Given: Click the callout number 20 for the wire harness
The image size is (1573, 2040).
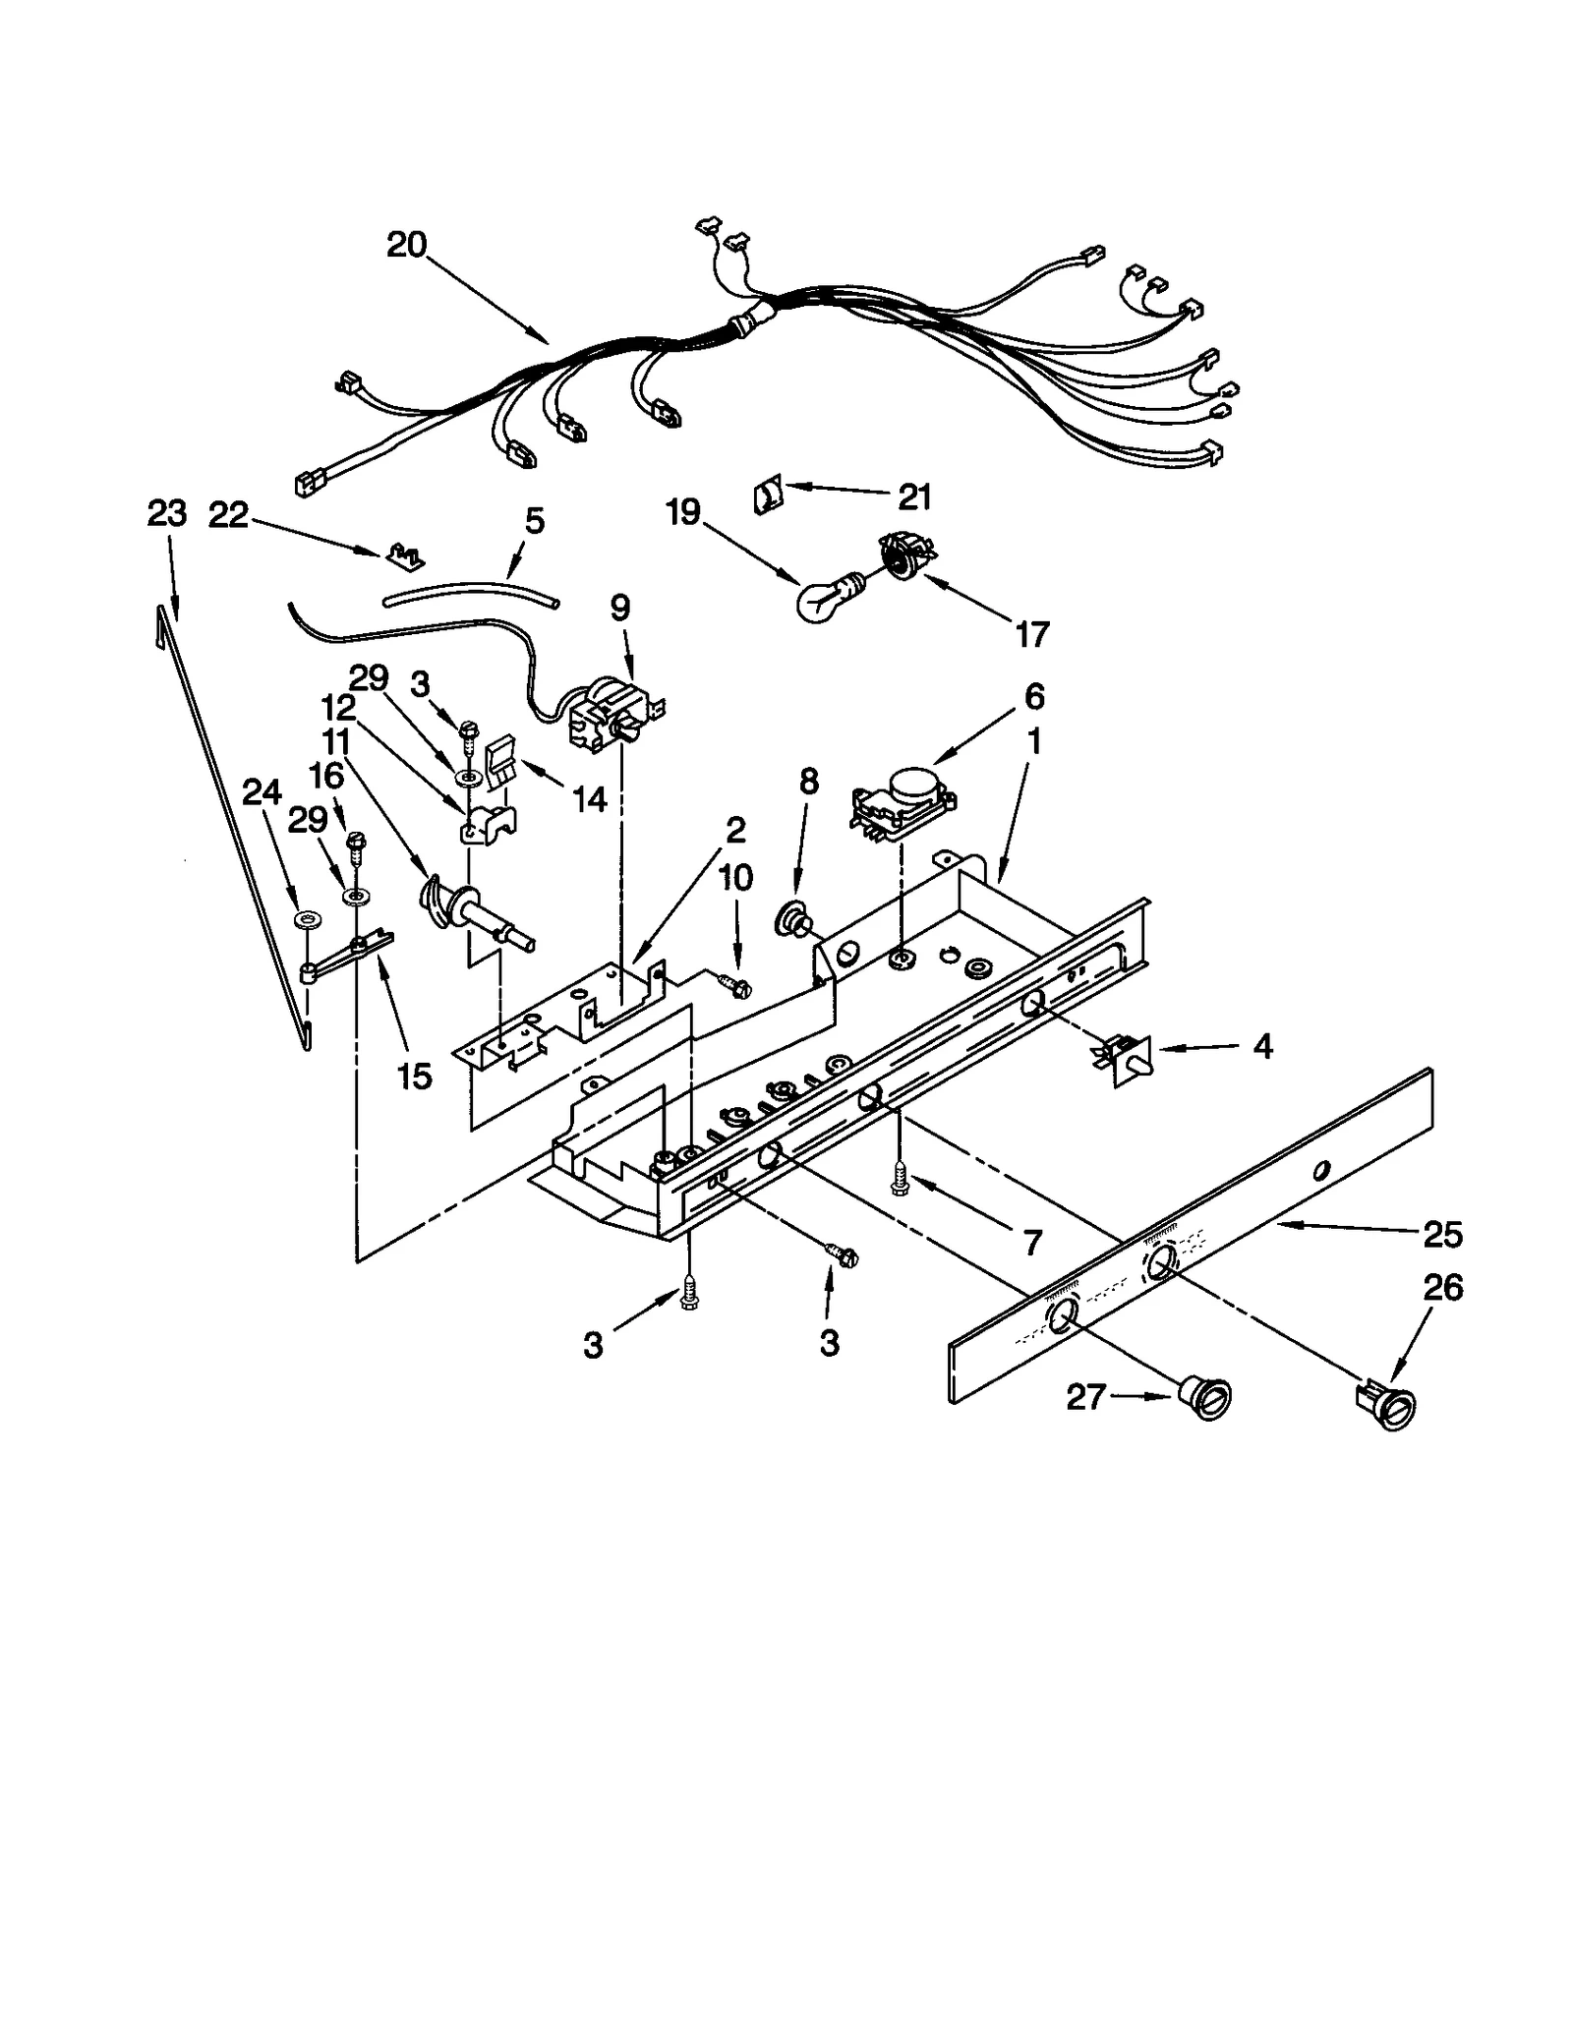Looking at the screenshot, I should point(406,244).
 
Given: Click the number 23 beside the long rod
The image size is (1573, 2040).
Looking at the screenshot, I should point(166,513).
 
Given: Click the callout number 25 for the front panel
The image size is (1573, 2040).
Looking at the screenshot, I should point(1442,1234).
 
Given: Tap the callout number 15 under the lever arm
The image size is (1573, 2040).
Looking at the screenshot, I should point(415,1077).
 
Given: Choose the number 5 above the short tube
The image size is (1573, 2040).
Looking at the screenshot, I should point(534,521).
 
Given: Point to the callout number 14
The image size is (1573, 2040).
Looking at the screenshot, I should point(590,799).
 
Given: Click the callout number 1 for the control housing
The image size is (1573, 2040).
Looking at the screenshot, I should point(1033,740).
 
